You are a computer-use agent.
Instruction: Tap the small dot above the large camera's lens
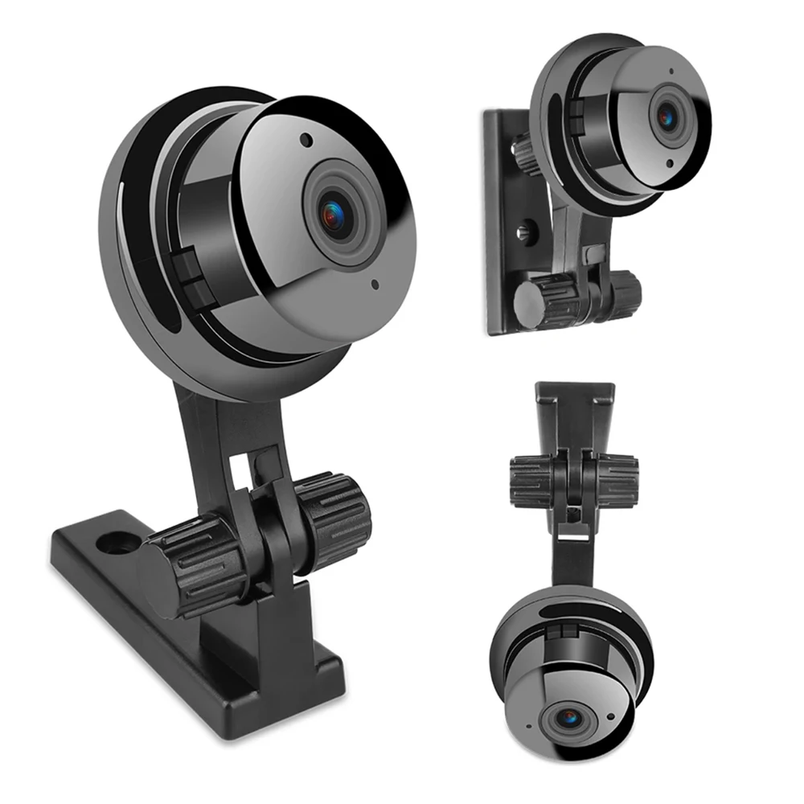[x=306, y=139]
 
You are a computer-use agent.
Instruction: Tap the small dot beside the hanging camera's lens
[x=610, y=714]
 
